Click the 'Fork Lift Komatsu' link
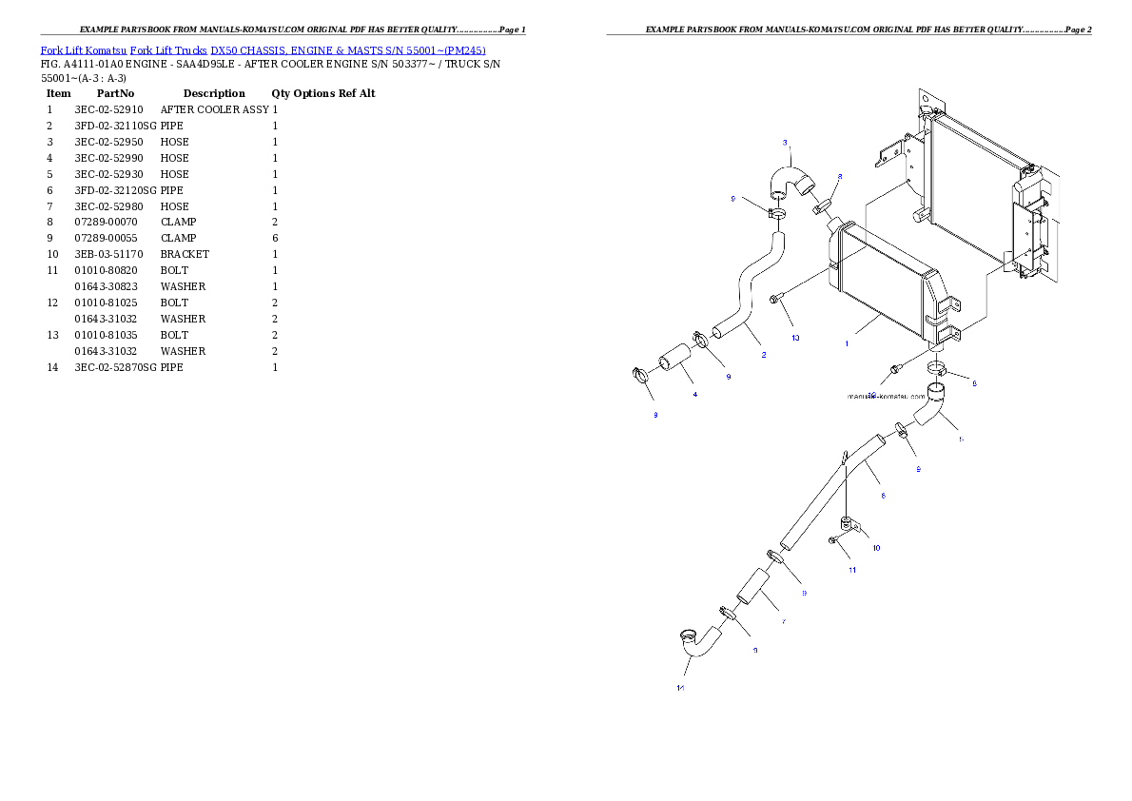coord(83,49)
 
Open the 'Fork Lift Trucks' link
coord(168,49)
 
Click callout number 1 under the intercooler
coord(847,344)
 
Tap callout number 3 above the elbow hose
coord(786,144)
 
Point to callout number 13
coord(795,338)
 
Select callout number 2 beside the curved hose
coord(763,356)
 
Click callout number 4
coord(695,394)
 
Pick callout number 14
coord(680,688)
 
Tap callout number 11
coord(852,571)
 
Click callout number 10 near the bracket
coord(876,548)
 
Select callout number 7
coord(783,621)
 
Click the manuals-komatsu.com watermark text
coord(886,397)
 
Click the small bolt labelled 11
coord(833,540)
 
